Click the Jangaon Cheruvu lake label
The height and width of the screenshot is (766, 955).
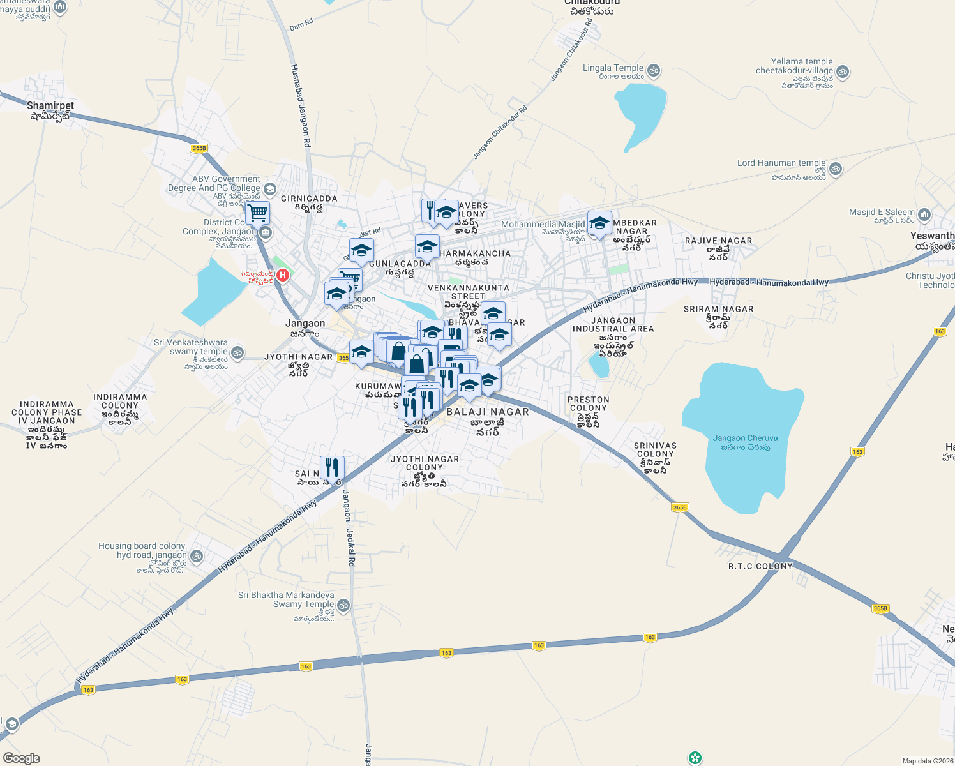coord(745,442)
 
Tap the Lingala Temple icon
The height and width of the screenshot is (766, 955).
coord(653,70)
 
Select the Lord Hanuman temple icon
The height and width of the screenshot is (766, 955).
coord(836,169)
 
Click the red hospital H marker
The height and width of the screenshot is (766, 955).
coord(282,276)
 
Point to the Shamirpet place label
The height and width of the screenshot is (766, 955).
coord(50,106)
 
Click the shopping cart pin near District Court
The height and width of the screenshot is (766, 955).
coord(258,213)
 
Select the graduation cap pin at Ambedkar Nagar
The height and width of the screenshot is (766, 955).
coord(599,223)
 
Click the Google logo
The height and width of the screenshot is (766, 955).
coord(21,758)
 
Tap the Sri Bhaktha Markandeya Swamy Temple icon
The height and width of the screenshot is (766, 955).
coord(343,605)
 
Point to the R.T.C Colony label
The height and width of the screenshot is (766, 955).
coord(760,566)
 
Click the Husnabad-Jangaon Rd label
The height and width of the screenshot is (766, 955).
coord(300,106)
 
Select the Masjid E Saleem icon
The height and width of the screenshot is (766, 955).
coord(924,215)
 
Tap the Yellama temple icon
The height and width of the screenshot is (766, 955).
coord(842,71)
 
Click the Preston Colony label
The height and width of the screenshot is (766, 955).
coord(588,403)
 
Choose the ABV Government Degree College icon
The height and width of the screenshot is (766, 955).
coord(269,189)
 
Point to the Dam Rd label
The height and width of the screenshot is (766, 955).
coord(301,25)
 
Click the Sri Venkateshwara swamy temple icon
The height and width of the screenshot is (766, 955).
coord(237,352)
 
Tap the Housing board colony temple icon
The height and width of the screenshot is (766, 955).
coord(196,556)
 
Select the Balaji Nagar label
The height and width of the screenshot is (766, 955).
coord(487,412)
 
